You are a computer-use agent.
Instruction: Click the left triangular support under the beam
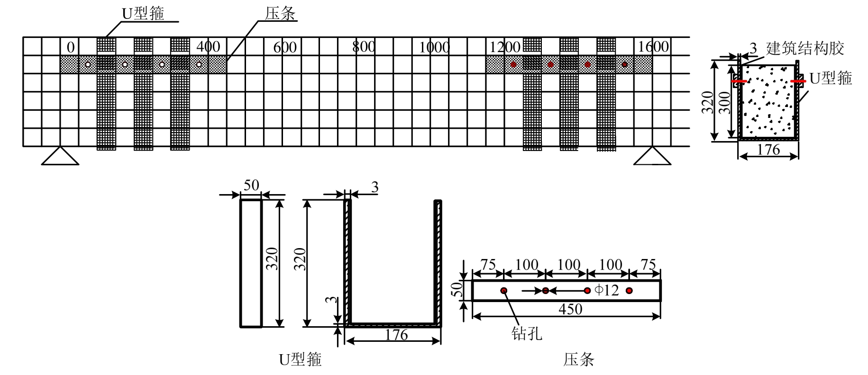(60, 157)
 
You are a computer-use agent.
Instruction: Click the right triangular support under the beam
(652, 157)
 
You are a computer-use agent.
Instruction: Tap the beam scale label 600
(285, 47)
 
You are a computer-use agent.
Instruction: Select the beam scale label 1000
(434, 47)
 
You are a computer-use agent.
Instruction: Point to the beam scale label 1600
(653, 46)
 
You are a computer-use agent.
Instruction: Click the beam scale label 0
(71, 47)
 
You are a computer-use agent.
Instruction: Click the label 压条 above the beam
(280, 13)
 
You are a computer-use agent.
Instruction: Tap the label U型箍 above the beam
(143, 13)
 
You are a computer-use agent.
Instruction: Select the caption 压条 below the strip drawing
(578, 360)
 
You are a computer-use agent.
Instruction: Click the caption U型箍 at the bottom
(301, 360)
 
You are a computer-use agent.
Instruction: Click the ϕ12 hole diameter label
(607, 290)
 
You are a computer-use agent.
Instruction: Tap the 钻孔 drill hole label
(527, 333)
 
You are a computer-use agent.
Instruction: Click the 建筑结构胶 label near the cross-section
(805, 48)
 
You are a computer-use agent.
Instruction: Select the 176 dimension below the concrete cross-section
(768, 150)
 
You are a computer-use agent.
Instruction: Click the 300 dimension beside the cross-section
(724, 103)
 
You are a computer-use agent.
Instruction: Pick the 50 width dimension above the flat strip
(251, 185)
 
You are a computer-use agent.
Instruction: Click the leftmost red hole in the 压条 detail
(503, 290)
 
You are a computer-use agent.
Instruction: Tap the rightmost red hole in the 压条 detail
(629, 290)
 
